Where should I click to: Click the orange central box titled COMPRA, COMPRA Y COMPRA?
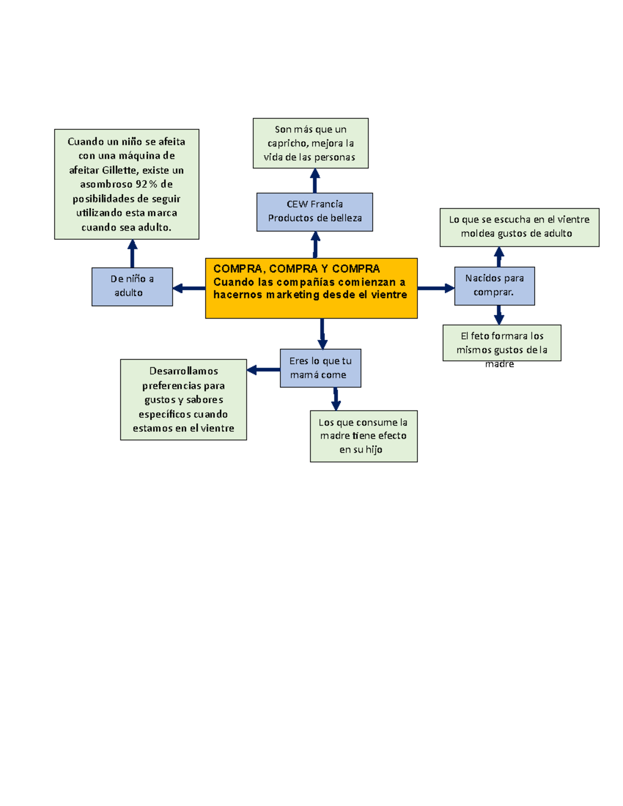pos(311,288)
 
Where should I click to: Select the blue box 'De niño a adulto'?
pos(132,286)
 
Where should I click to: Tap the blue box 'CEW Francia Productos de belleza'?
pos(315,212)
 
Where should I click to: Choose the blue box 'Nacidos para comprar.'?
pos(494,286)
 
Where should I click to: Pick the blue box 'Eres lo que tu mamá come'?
pos(320,368)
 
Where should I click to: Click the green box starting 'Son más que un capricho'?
pos(310,143)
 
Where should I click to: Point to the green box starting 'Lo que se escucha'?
pos(519,227)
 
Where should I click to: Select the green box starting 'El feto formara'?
pos(502,343)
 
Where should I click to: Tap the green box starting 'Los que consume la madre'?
pos(363,436)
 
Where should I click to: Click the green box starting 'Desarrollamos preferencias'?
pos(183,400)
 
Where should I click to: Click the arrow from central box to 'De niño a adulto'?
pos(189,288)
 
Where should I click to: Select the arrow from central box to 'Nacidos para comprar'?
pos(436,288)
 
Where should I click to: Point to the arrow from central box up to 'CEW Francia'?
pos(315,244)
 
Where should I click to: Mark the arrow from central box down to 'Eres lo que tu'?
pos(322,334)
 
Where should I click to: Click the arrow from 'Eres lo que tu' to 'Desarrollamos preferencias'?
pos(263,370)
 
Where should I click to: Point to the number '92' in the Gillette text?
pos(141,184)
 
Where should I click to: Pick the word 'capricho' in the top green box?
pos(287,143)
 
